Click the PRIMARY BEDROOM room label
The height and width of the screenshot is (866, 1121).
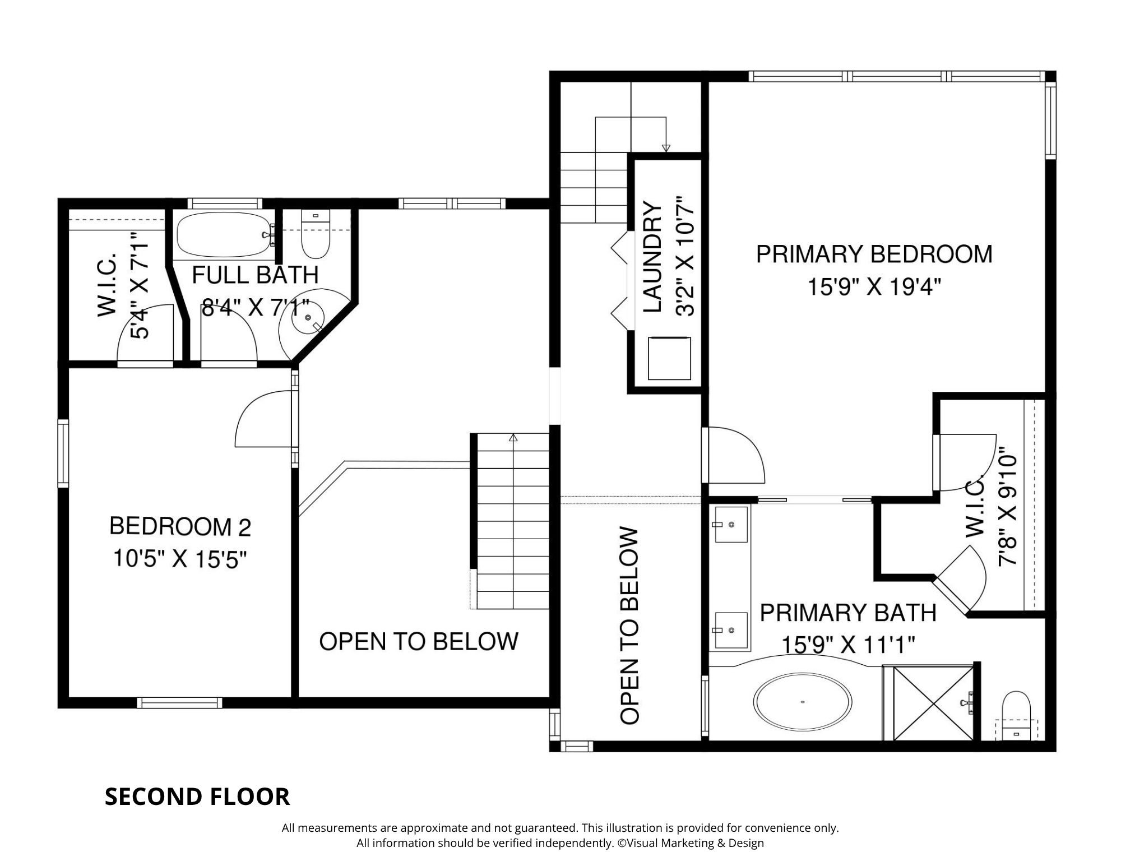click(x=874, y=254)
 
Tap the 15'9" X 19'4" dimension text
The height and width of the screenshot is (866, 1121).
click(x=873, y=288)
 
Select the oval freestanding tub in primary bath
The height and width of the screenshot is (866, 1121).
click(x=803, y=702)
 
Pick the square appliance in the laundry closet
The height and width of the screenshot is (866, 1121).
click(x=669, y=359)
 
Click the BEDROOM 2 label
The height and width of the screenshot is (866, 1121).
click(x=180, y=526)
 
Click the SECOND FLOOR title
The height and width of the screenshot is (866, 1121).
click(x=197, y=796)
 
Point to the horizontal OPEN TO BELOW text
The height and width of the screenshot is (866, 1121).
click(x=419, y=641)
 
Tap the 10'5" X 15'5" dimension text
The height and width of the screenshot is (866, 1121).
click(x=180, y=558)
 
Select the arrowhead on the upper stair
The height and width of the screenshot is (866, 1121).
click(x=666, y=148)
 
